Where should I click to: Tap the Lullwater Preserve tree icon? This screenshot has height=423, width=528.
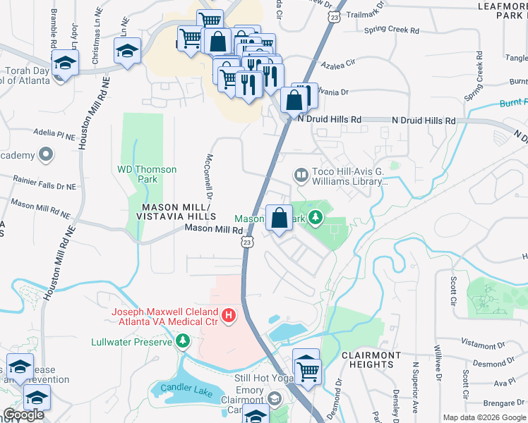(x=184, y=342)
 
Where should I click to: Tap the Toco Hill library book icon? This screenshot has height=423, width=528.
(x=301, y=174)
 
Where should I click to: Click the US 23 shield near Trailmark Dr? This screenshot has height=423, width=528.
(x=334, y=13)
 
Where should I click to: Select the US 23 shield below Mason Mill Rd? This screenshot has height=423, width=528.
(x=246, y=242)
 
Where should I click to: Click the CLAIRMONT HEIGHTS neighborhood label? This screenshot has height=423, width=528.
(x=371, y=360)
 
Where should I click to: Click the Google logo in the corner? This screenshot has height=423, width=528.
(x=23, y=415)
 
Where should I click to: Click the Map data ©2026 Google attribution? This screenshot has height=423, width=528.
(x=484, y=417)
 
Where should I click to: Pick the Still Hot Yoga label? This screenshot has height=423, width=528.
(x=263, y=377)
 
